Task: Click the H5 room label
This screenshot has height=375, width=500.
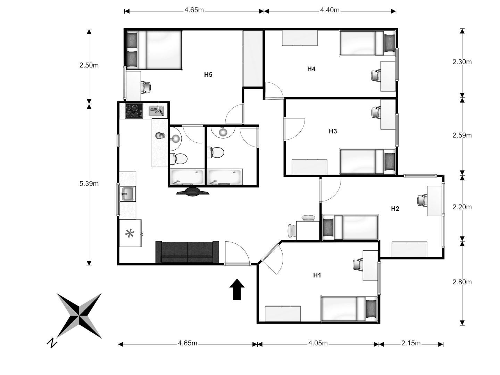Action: [x=208, y=75]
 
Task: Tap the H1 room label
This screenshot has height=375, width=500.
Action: [x=317, y=275]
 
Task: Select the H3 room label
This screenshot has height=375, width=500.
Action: [x=333, y=131]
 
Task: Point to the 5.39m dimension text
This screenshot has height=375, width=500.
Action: [x=89, y=183]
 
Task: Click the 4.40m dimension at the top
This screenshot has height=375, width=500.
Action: [x=330, y=10]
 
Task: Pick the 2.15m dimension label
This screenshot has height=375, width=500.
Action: [x=411, y=343]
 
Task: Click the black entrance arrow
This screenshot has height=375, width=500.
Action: [x=237, y=289]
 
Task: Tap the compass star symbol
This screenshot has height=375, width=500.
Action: [x=79, y=316]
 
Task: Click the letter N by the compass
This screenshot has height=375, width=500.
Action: [x=52, y=343]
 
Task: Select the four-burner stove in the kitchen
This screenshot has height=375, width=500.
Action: [x=134, y=111]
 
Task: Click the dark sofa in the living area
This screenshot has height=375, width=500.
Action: [x=187, y=252]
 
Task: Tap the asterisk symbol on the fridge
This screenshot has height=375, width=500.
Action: [x=130, y=233]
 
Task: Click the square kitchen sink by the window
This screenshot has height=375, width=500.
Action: [x=128, y=194]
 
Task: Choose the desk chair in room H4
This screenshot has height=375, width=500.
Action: [x=376, y=75]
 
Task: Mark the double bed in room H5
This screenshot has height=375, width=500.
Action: [x=154, y=50]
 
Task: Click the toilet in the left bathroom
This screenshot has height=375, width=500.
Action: [x=179, y=158]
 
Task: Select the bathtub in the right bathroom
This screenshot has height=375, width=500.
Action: [x=225, y=177]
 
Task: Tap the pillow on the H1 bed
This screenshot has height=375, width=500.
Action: [x=371, y=309]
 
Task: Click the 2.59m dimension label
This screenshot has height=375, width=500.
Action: [x=462, y=135]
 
